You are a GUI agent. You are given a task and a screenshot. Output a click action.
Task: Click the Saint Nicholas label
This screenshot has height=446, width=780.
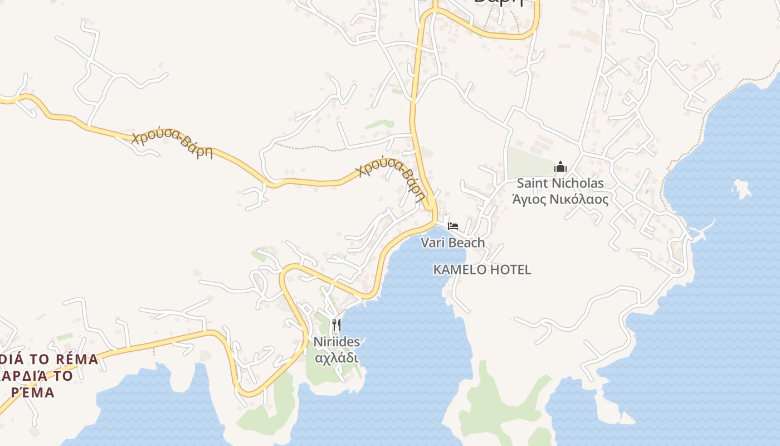[560, 183]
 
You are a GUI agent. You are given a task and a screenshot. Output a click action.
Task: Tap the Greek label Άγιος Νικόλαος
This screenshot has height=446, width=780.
[560, 199]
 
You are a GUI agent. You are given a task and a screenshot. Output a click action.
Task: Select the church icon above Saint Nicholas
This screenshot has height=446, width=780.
[560, 167]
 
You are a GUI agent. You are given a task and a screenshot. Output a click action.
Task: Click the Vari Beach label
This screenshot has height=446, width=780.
[452, 243]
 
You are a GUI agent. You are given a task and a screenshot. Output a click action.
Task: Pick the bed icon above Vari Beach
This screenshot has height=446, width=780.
[453, 226]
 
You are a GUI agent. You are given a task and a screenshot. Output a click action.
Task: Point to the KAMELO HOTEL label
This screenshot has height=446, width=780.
[482, 270]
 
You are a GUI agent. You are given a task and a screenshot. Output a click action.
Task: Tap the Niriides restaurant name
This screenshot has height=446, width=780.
[337, 341]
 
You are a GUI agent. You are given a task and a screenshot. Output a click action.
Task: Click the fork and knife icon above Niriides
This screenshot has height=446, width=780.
[336, 324]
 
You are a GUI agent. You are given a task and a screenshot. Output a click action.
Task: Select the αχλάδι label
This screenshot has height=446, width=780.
[337, 357]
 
